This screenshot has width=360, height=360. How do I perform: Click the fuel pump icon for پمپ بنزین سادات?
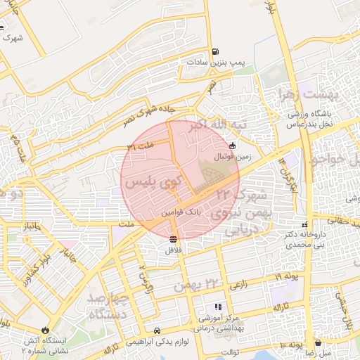(x=214, y=51)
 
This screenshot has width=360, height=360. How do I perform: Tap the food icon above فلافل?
(x=174, y=239)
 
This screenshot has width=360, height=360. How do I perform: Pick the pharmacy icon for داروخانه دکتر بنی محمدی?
(x=304, y=224)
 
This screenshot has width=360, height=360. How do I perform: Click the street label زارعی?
(x=238, y=285)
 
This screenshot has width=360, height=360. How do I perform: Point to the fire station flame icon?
(x=46, y=328)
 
